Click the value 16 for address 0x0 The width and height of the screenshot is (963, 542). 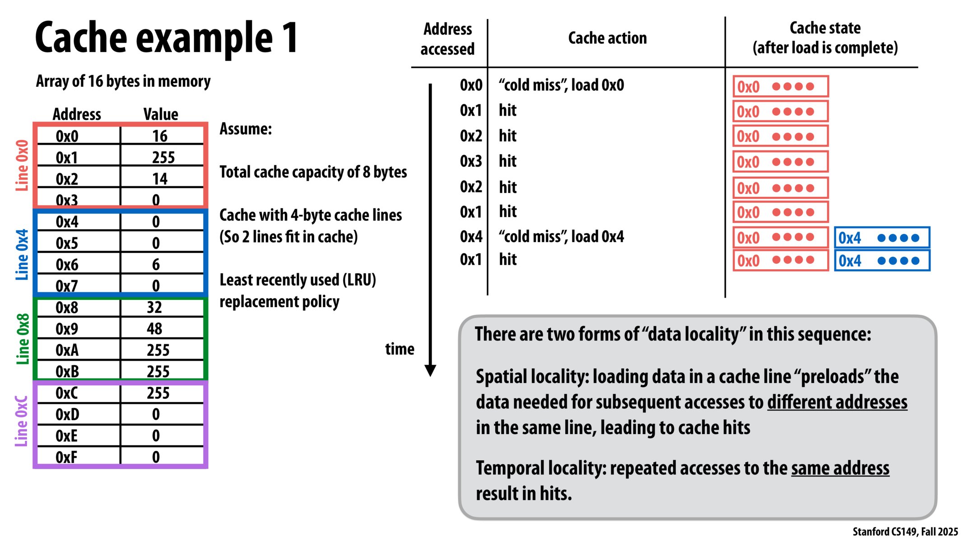coord(160,136)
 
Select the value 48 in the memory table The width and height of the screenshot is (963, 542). coord(154,329)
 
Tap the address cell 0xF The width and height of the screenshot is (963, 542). coord(66,457)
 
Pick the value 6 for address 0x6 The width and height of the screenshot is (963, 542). coord(156,265)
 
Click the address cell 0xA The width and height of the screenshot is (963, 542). coord(67,350)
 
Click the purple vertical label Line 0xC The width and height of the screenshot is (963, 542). coord(22,421)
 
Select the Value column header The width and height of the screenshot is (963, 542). coord(161,114)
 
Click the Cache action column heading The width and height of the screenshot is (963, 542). coord(607,38)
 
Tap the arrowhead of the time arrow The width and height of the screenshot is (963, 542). coord(430,370)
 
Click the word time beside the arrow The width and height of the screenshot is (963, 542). coord(400,349)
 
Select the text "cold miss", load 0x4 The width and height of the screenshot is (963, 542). coord(561,237)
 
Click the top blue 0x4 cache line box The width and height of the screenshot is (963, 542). coord(882,238)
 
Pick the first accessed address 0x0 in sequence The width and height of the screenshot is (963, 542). coord(471,85)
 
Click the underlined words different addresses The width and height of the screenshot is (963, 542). coord(837,402)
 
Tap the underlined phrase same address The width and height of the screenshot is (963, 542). coord(840,468)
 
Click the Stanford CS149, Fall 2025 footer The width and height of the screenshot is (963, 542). coord(905,532)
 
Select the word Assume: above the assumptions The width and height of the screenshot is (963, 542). coord(246,129)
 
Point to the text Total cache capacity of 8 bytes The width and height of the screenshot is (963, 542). coord(313,172)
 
